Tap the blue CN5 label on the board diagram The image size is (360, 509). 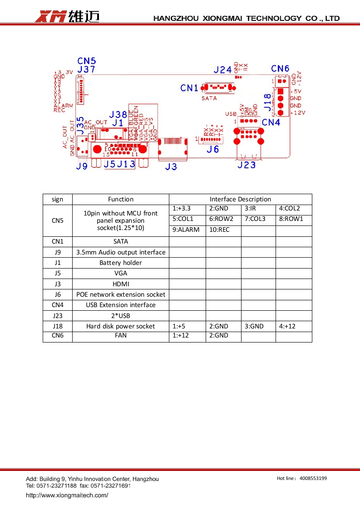[86, 61]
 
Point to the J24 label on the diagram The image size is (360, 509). [222, 70]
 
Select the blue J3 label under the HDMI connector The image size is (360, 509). [171, 166]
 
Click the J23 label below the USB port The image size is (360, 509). [247, 165]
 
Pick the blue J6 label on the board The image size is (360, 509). [212, 149]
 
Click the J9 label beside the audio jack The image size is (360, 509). [81, 166]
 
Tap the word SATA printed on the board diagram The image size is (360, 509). [209, 98]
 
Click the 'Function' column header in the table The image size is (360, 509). [121, 199]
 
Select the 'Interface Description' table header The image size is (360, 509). [240, 199]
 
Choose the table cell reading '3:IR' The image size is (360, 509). [251, 209]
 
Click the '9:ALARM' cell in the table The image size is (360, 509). [186, 230]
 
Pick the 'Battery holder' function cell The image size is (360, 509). [121, 263]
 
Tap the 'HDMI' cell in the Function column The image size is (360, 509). [121, 284]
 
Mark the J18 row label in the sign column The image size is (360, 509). [57, 326]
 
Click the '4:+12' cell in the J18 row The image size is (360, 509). [287, 326]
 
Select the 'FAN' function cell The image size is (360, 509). [121, 336]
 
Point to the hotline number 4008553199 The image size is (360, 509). [313, 478]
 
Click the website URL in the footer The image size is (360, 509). [67, 495]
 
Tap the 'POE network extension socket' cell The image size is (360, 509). [121, 294]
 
